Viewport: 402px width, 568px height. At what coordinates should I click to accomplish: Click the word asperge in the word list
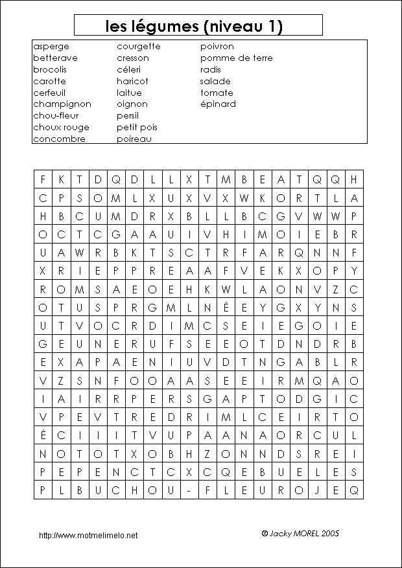(51, 47)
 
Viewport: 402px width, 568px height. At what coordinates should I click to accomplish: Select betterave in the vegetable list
(55, 58)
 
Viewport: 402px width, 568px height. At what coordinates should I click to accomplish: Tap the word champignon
(62, 104)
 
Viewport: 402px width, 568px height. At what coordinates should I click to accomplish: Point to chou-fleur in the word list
(56, 116)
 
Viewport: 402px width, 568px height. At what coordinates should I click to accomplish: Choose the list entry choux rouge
(61, 128)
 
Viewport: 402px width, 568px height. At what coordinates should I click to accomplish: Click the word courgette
(138, 47)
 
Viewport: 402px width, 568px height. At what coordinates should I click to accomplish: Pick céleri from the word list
(132, 70)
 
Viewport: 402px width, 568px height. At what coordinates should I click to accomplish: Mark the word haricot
(132, 82)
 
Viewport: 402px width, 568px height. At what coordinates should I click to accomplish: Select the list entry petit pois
(137, 128)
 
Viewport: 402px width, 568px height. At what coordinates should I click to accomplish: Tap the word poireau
(134, 139)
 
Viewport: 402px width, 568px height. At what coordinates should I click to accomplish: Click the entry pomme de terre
(236, 58)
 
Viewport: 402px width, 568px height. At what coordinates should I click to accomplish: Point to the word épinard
(218, 104)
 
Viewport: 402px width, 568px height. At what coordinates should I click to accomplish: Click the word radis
(211, 70)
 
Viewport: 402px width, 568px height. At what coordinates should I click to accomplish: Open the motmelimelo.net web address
(88, 536)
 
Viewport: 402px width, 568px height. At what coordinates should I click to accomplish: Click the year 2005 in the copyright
(329, 534)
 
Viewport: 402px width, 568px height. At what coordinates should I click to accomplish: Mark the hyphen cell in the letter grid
(187, 491)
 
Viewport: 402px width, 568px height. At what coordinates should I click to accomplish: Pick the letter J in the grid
(316, 491)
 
